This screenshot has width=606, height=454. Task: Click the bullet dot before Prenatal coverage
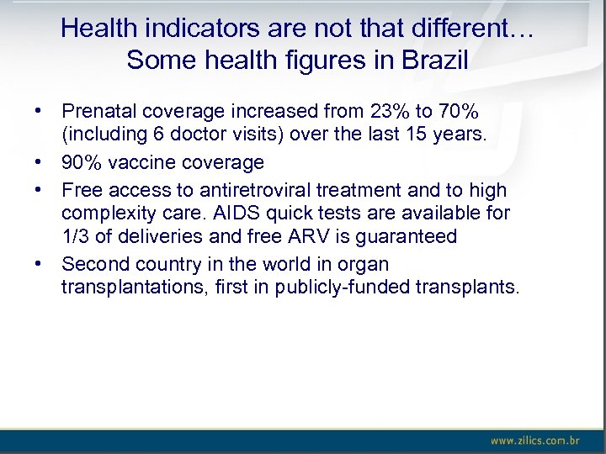38,111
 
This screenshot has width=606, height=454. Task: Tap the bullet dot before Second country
38,264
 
